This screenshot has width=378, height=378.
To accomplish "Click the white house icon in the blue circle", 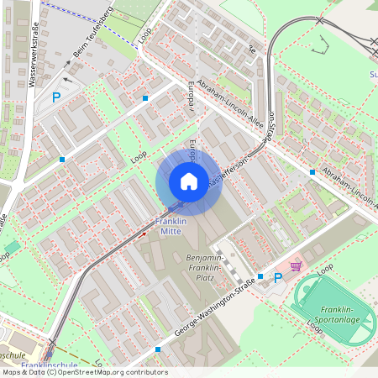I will coord(189,181).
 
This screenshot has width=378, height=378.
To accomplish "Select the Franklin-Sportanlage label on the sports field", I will coord(341,314).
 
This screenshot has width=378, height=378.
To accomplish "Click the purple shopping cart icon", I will coord(295,266).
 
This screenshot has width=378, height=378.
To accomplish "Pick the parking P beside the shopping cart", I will coord(277,276).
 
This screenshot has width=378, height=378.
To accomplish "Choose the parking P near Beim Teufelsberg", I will coord(57,97).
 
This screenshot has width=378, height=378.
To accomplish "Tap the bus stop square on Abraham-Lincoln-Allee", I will coord(312,171).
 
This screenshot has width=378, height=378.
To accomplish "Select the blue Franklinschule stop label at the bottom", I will coord(49,365).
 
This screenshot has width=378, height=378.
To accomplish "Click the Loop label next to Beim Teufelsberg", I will coord(144,34).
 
